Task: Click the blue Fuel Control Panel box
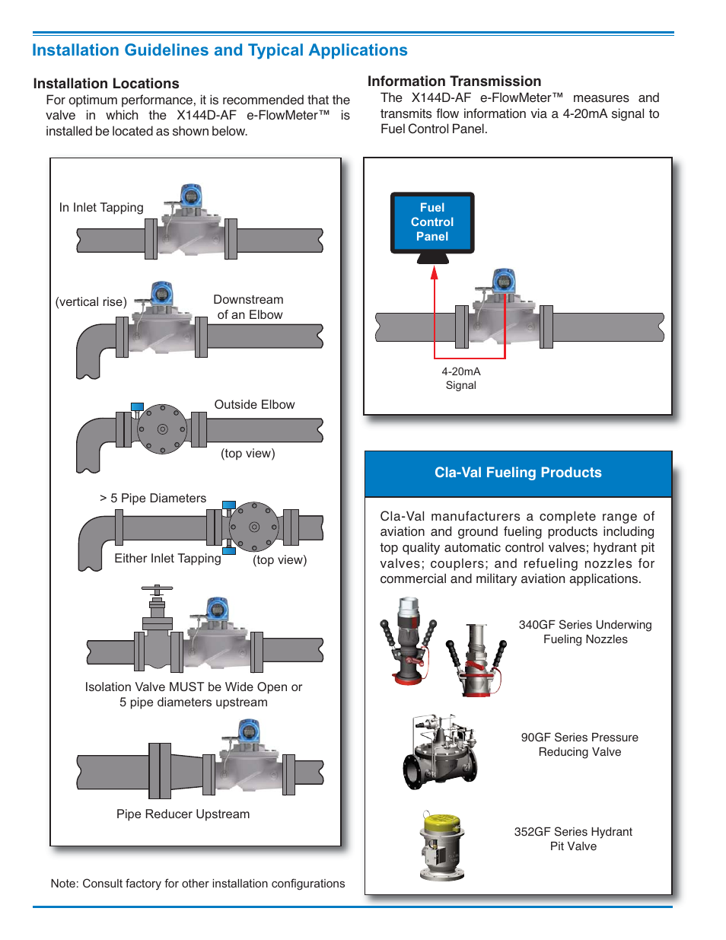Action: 432,222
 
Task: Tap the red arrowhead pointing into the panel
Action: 435,272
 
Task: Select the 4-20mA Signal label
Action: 461,378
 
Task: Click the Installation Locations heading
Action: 106,84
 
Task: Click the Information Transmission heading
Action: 454,81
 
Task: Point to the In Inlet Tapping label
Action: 101,208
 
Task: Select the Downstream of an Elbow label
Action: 249,307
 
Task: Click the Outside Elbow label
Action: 254,405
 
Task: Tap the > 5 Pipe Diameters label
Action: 153,499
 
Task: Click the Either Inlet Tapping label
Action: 167,559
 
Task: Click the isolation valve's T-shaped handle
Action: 157,589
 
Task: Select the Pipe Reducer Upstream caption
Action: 183,814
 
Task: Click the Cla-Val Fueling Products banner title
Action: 517,473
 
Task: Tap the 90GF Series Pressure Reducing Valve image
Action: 441,751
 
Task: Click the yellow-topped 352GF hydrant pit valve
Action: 442,845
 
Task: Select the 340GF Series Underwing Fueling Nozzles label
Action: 585,632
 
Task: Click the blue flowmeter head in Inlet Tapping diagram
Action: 191,196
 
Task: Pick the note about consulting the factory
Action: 198,884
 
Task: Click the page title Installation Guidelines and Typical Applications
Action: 220,50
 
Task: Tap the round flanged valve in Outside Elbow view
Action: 162,429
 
